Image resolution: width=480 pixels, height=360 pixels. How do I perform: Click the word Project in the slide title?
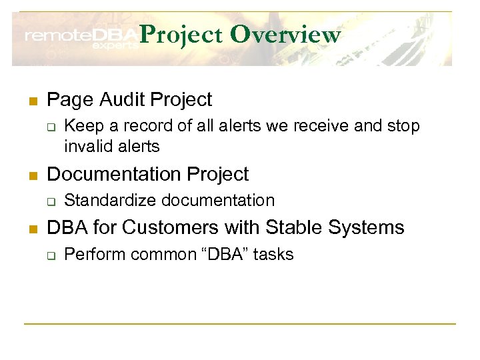click(182, 35)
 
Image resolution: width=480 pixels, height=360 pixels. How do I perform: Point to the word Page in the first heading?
click(68, 100)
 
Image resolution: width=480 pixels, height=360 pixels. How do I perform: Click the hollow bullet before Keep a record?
click(51, 126)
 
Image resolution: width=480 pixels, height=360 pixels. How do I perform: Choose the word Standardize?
click(111, 200)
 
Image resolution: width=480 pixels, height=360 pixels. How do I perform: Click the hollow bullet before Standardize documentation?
click(51, 201)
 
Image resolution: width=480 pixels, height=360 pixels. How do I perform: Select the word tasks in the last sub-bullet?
click(275, 254)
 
